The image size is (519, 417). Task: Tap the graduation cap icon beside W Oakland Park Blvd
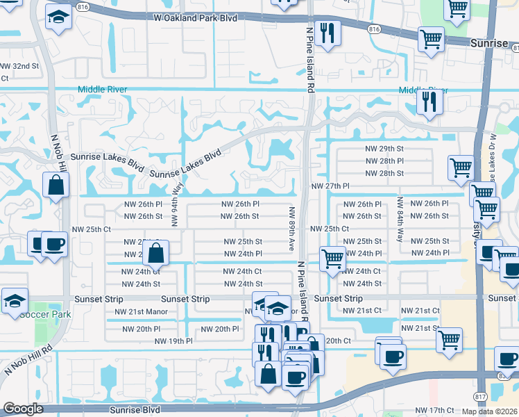click(60, 18)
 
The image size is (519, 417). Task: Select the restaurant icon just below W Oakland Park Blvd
click(325, 33)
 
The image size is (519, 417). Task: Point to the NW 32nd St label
click(19, 65)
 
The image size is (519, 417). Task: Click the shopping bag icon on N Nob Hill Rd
click(55, 186)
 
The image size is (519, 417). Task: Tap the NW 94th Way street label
click(177, 204)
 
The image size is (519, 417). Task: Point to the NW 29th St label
click(384, 149)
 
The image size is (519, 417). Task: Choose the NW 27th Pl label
click(330, 186)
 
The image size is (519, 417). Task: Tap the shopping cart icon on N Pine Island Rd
click(332, 259)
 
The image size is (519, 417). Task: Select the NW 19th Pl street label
click(173, 341)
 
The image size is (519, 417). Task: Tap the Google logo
click(22, 409)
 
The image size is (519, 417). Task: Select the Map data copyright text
click(490, 411)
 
